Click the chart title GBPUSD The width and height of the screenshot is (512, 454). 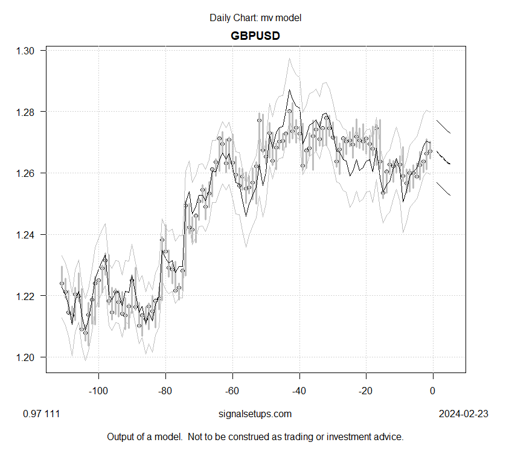point(255,36)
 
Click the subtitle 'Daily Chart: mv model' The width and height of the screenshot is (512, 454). point(255,18)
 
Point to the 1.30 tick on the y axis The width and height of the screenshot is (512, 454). point(27,51)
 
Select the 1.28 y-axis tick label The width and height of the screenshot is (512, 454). point(27,112)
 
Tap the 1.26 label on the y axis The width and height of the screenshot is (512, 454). point(27,173)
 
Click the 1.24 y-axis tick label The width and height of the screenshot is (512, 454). point(27,234)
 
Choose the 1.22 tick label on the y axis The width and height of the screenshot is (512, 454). point(27,296)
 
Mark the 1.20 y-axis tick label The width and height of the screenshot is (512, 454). point(27,357)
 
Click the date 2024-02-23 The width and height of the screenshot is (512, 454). point(463,414)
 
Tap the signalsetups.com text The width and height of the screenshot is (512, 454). point(255,414)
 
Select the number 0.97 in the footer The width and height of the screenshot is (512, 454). point(30,414)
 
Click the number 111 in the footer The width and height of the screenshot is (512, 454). point(52,414)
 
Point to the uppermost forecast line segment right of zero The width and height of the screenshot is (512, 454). point(443,126)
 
